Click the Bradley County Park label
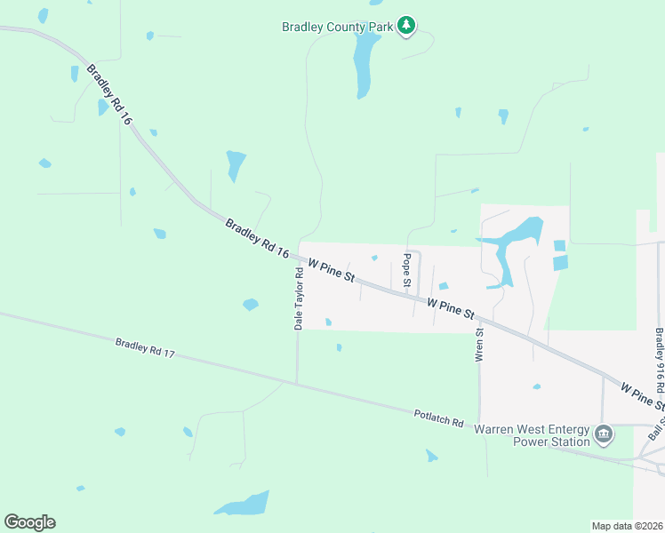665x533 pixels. click(x=337, y=27)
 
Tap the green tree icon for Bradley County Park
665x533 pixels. click(x=406, y=25)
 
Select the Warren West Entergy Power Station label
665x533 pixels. click(x=533, y=435)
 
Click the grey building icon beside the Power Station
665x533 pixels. click(x=604, y=434)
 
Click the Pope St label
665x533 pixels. click(x=406, y=273)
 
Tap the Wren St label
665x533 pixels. click(x=479, y=345)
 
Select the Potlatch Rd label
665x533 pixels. click(x=439, y=418)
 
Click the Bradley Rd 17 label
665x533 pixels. click(x=145, y=347)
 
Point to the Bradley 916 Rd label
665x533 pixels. click(x=660, y=362)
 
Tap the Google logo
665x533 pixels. click(x=29, y=522)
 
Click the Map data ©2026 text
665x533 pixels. click(x=627, y=526)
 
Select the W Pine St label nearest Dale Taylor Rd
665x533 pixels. click(x=332, y=270)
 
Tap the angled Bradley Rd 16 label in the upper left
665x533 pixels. click(x=110, y=94)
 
